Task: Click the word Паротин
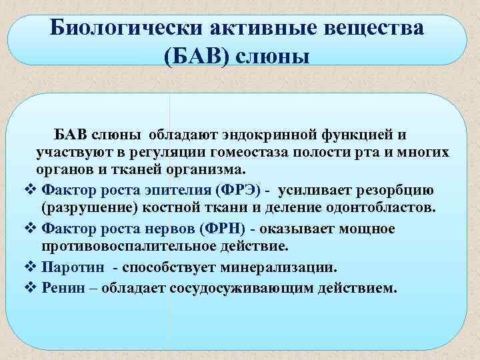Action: coord(71,267)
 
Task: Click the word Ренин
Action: coord(64,289)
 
